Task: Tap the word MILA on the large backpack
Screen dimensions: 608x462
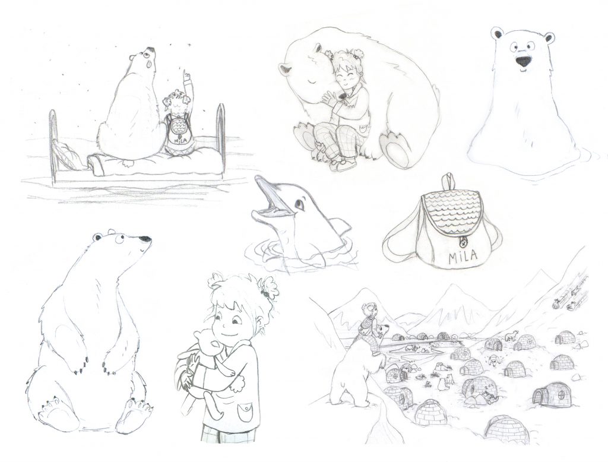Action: click(463, 257)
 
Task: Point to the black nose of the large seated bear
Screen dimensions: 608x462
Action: click(145, 239)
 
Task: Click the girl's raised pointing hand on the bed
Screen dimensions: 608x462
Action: click(187, 75)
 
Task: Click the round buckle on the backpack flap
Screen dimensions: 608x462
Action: click(462, 242)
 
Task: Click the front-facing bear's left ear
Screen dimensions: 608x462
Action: click(498, 34)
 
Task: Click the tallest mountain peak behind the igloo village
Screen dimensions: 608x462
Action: click(452, 287)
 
